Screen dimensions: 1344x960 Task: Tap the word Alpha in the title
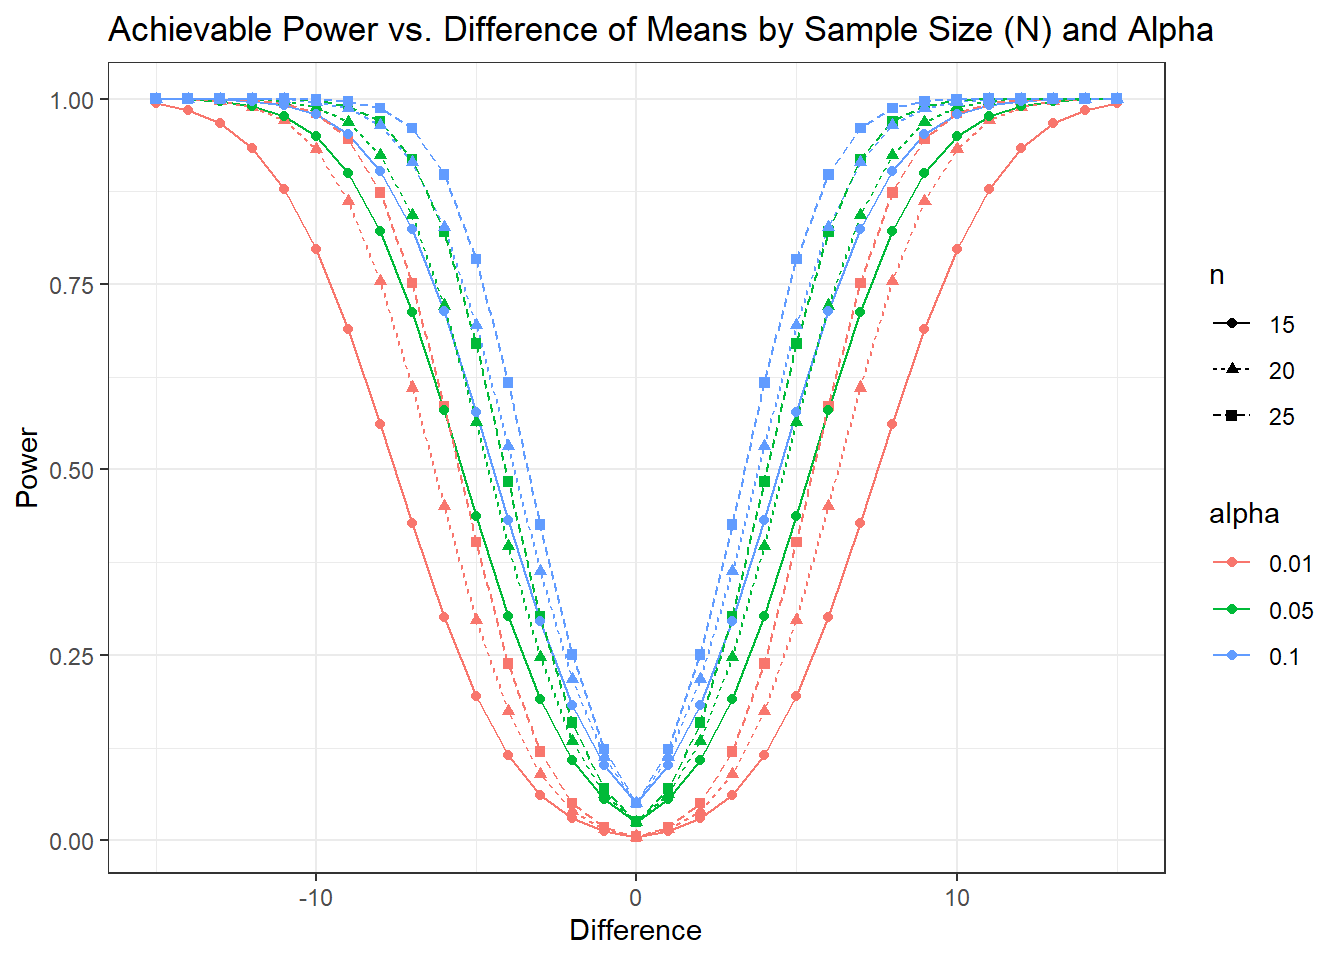point(1171,29)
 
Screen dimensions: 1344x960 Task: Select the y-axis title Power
point(27,467)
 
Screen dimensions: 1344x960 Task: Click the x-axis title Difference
point(635,931)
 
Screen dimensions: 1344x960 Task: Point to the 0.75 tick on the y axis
point(72,285)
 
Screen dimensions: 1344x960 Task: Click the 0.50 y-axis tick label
point(72,470)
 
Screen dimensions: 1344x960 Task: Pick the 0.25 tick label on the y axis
point(72,656)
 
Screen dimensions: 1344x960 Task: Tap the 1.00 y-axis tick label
point(72,100)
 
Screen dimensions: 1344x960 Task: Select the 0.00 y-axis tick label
point(72,841)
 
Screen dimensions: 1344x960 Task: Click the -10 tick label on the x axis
point(316,898)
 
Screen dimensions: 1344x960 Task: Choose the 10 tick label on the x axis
point(957,898)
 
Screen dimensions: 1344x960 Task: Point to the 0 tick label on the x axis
point(636,898)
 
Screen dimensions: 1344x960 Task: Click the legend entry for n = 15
point(1253,324)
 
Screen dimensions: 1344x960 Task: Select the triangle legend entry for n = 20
point(1253,370)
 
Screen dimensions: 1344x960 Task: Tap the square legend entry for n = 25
point(1253,416)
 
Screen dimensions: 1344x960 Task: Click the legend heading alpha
point(1244,515)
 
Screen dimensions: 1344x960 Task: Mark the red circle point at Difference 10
point(957,249)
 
